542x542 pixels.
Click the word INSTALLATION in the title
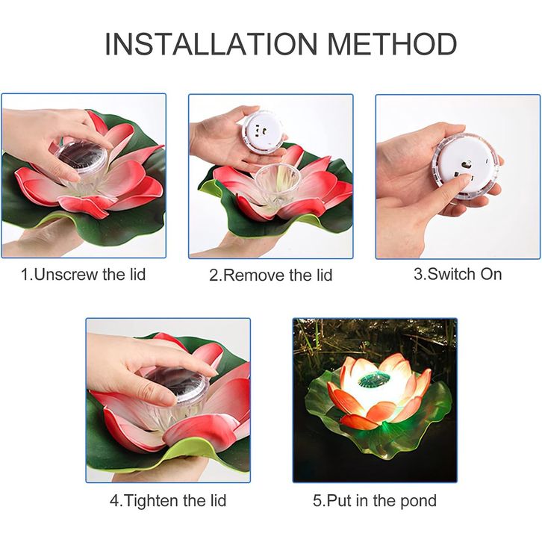point(211,44)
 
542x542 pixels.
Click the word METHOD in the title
point(392,44)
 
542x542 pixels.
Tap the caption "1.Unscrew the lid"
point(84,275)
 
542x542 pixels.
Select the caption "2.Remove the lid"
point(271,275)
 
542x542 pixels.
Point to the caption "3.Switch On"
point(458,274)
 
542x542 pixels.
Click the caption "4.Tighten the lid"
point(168,500)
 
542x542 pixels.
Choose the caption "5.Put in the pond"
point(375,501)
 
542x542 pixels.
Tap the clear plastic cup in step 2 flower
point(277,183)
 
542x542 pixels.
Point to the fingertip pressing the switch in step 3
point(467,179)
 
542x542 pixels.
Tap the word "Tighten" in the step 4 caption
point(152,500)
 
